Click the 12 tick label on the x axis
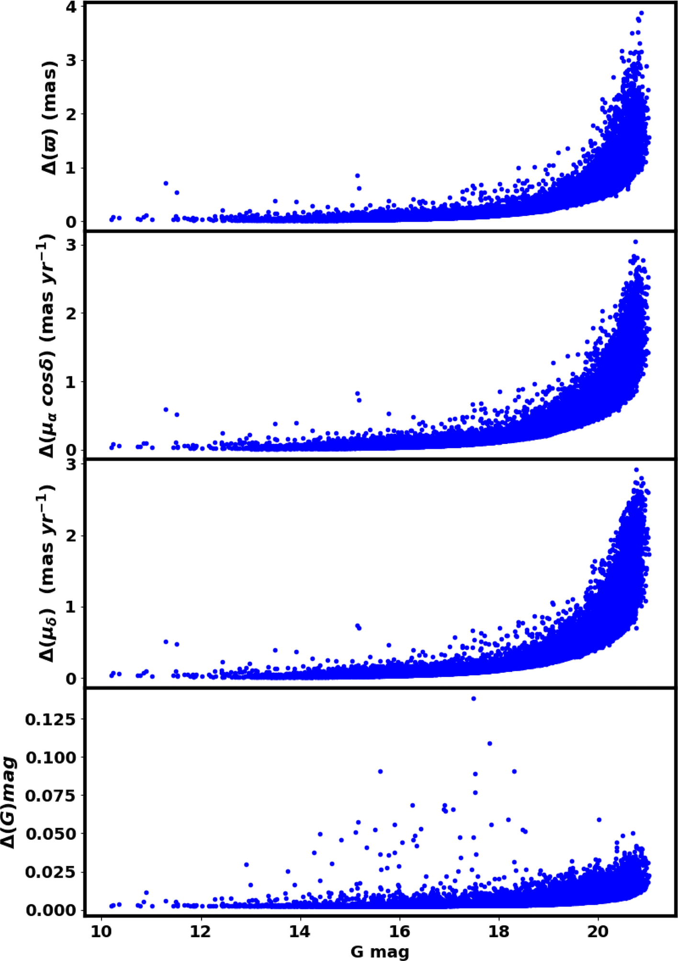coord(201,931)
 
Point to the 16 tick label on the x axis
coord(399,931)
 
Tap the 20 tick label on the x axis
coord(598,931)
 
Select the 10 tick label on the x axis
coord(101,931)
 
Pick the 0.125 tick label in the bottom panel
coord(51,720)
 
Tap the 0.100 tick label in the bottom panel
coord(51,758)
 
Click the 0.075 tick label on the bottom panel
coord(51,796)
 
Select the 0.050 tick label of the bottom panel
coord(51,834)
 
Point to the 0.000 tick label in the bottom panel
coord(51,910)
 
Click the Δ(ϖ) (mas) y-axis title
coord(49,118)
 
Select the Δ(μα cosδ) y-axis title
coord(46,346)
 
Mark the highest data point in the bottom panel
coord(474,699)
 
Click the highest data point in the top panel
coord(641,13)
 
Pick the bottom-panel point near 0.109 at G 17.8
coord(489,744)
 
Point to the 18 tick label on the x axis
coord(499,931)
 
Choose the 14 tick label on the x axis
coord(300,931)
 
